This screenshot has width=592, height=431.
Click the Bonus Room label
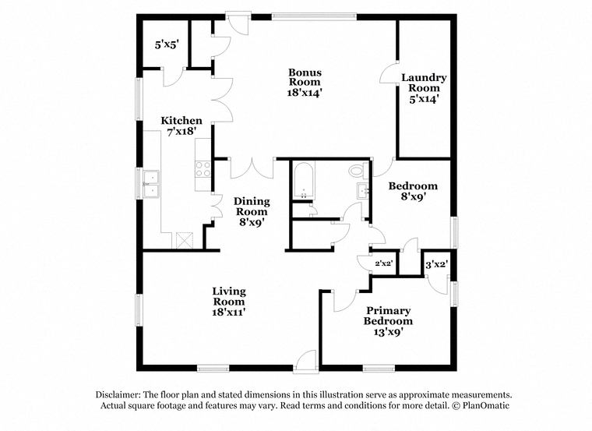[305, 83]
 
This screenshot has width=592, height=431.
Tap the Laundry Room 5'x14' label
[424, 88]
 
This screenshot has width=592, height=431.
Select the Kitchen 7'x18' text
[181, 125]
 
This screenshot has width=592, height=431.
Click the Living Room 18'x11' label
[229, 302]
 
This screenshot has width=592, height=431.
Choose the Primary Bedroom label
[388, 321]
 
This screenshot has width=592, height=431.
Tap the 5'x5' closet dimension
[167, 44]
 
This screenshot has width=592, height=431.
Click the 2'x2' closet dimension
[382, 263]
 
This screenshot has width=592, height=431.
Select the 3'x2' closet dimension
[436, 264]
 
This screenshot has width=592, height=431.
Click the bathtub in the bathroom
[304, 180]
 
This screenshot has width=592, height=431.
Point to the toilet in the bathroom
[358, 171]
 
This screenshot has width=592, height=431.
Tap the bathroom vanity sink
[363, 190]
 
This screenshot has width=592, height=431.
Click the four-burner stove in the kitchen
[203, 169]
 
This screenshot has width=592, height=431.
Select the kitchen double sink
[151, 185]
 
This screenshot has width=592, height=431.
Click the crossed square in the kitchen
[185, 241]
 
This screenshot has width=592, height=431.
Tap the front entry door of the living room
[306, 362]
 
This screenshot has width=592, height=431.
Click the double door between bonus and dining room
[252, 168]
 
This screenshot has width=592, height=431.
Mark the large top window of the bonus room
[314, 16]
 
